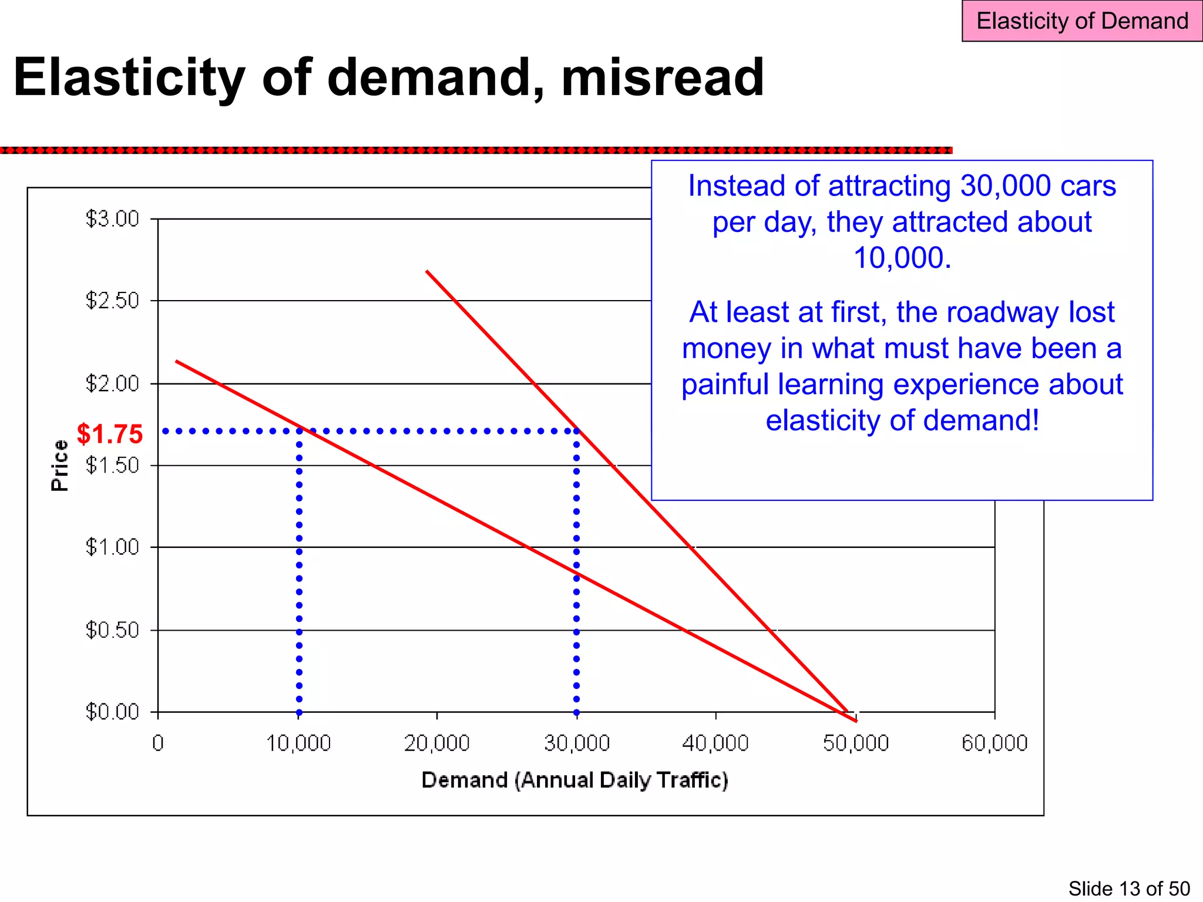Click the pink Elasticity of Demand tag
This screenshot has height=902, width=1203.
pos(1081,21)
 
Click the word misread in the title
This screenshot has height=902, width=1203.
pos(662,78)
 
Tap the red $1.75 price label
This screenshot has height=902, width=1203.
pos(110,434)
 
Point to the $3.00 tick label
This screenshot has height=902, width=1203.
pos(112,218)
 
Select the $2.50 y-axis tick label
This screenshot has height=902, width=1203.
pos(112,301)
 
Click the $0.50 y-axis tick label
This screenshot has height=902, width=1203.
pos(112,630)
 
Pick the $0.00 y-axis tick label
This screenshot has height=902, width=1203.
pos(112,712)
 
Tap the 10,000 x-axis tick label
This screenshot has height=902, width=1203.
pos(298,743)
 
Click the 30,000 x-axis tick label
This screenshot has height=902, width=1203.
pos(577,743)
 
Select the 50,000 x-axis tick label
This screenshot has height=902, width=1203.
pos(856,743)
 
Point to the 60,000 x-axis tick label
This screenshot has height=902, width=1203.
pos(994,743)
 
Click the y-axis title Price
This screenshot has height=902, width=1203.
pos(60,465)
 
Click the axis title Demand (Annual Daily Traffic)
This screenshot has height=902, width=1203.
pos(574,780)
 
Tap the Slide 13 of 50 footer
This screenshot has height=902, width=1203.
pos(1128,888)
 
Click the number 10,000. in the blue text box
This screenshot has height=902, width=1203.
pos(902,258)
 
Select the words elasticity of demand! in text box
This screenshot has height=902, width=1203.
pos(902,420)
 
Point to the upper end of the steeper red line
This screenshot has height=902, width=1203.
pos(427,271)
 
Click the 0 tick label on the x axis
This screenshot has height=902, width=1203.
pos(157,743)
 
